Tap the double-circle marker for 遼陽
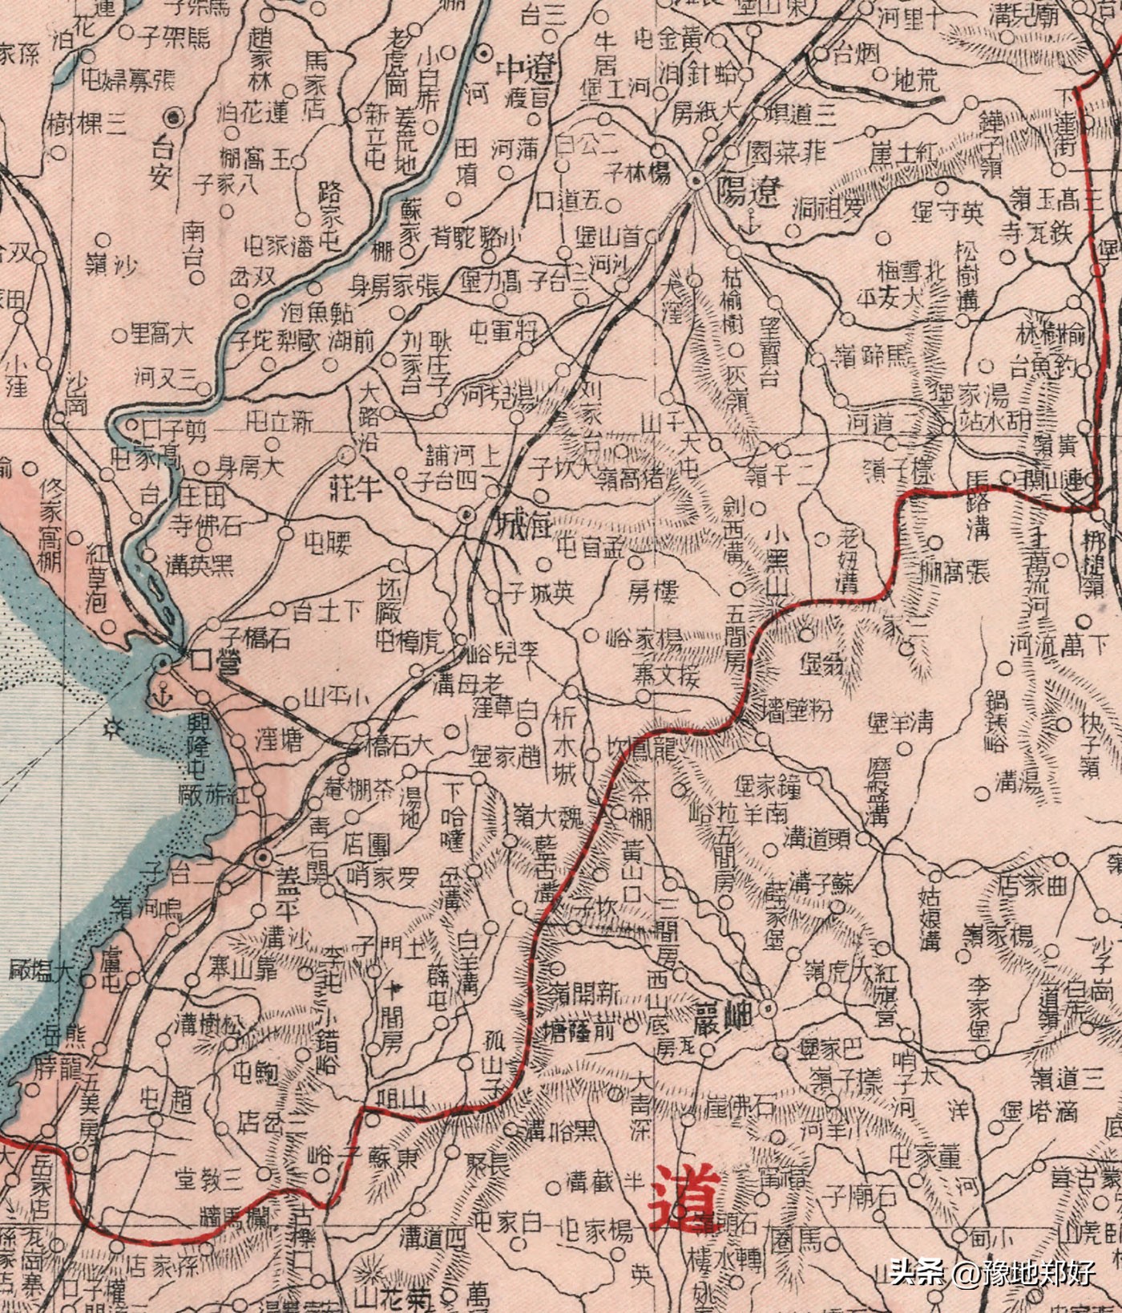pos(697,180)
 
